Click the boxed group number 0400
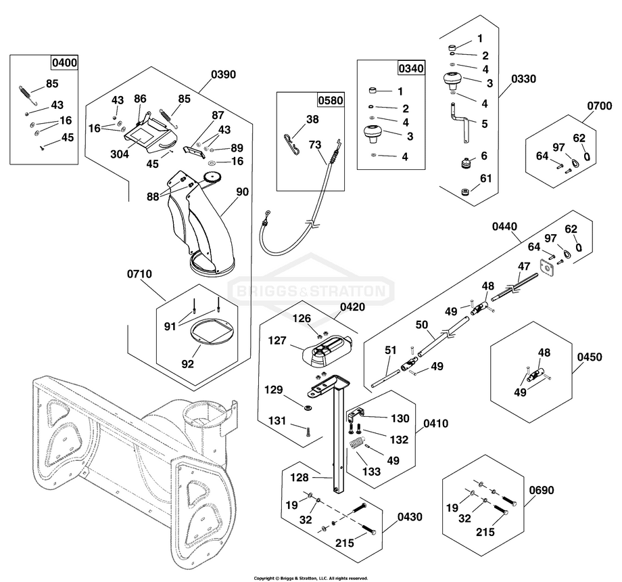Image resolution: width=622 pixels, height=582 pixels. (65, 63)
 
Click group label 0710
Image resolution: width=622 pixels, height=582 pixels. (139, 274)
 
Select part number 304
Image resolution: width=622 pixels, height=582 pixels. (120, 154)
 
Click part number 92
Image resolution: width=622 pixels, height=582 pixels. (187, 363)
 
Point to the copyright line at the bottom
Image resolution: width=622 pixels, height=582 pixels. (311, 578)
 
